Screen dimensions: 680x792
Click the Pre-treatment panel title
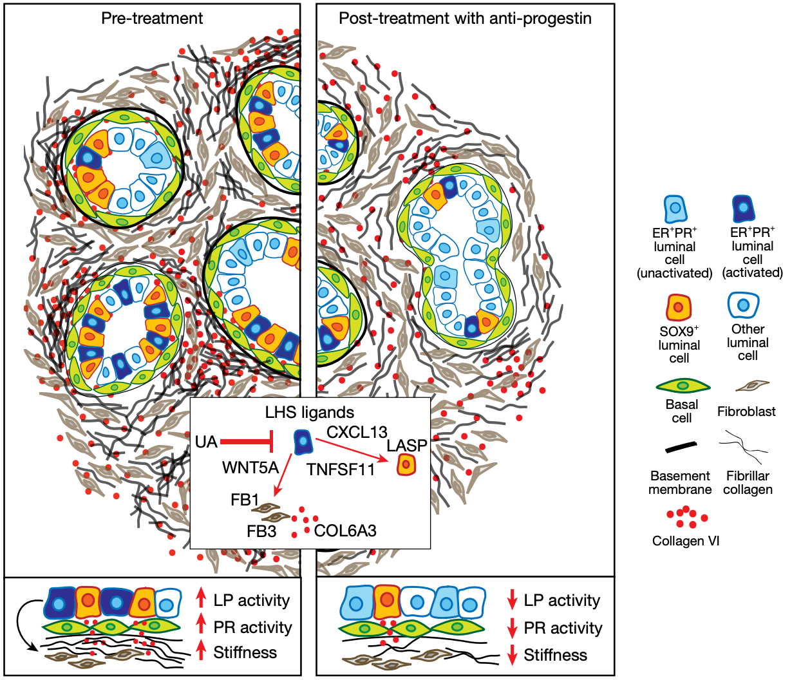(152, 18)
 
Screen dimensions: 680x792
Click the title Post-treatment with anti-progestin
(465, 18)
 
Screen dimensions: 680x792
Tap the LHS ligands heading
(310, 411)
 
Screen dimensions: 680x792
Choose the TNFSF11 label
(341, 469)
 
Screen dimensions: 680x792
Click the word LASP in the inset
(407, 446)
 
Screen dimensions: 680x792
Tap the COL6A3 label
(345, 531)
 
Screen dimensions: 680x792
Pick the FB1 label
(245, 500)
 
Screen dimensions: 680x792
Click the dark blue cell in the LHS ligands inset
(301, 442)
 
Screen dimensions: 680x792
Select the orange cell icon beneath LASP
(406, 464)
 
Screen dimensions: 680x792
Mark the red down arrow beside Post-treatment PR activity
(513, 628)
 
